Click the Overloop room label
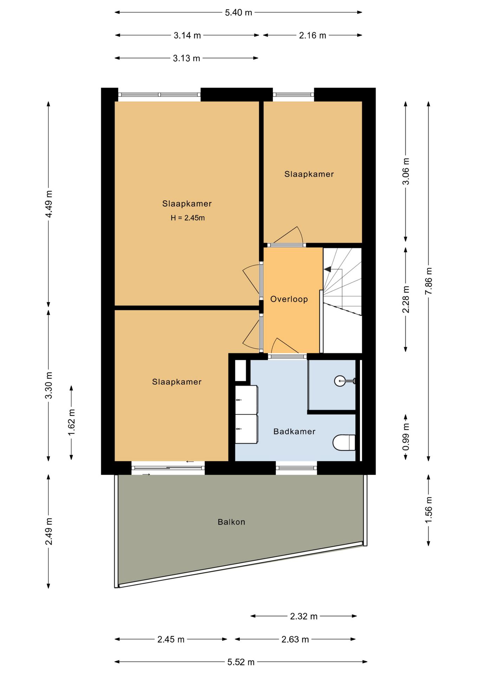289,299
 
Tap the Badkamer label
294,431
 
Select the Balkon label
231,522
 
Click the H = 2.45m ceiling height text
188,218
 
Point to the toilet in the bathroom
344,443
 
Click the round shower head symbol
340,381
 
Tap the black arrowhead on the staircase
327,269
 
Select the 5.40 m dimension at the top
238,13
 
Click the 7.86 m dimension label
429,281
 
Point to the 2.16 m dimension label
313,35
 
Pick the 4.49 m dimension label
49,204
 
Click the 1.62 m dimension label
72,422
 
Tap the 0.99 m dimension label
406,437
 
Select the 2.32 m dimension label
303,616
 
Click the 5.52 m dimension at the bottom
241,662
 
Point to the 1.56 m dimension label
429,510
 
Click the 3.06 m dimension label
406,171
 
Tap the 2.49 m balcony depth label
49,531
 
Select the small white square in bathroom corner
241,370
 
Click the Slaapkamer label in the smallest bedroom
309,174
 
